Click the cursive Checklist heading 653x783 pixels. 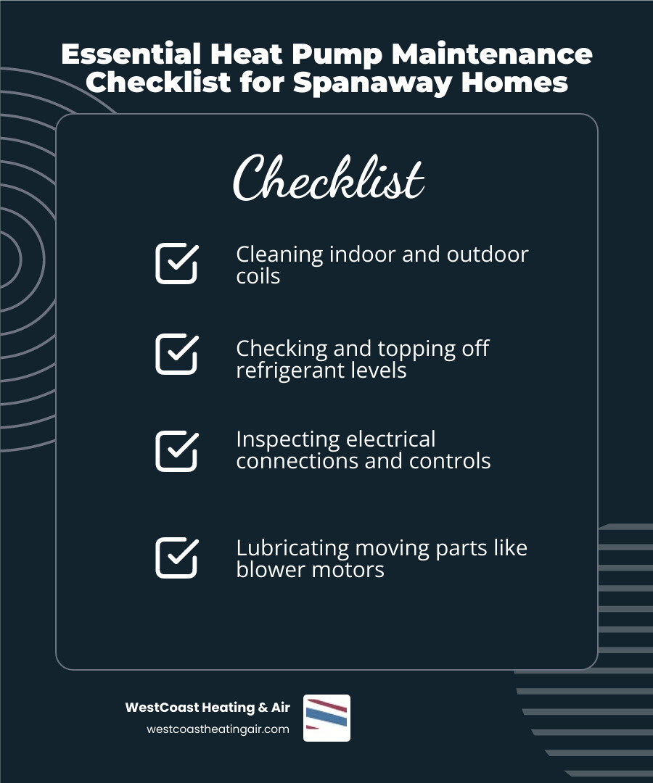[328, 178]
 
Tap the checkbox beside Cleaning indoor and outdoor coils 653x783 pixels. [176, 263]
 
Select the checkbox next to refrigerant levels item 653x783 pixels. [176, 354]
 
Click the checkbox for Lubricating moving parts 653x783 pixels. [176, 558]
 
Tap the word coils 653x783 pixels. [258, 276]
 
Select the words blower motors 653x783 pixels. [310, 570]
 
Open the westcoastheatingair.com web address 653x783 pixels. [218, 729]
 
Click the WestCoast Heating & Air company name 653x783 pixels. [208, 708]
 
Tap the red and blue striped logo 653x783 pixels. [326, 718]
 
